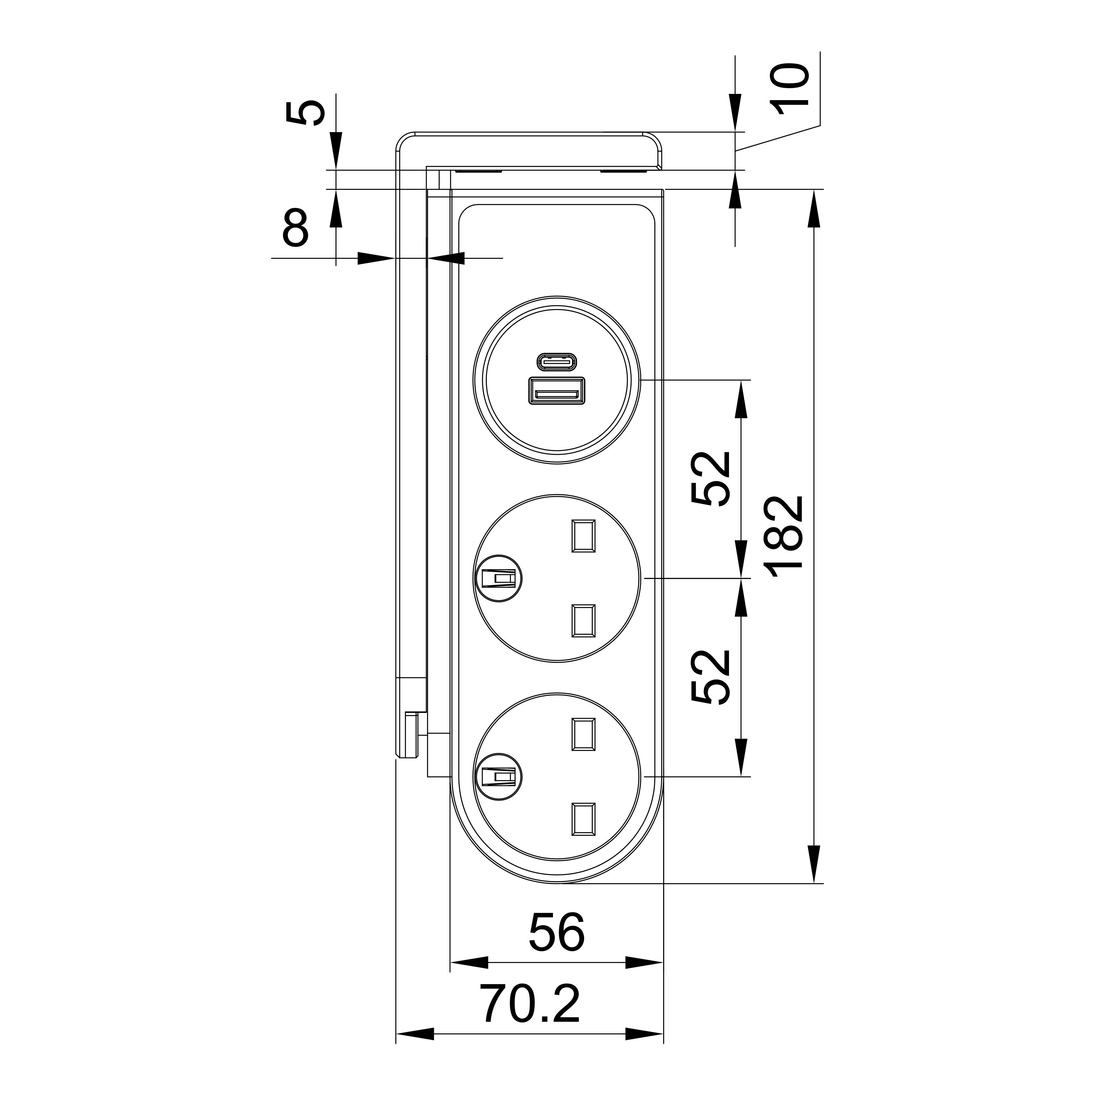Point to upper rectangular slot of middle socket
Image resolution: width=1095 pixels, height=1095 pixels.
(x=583, y=536)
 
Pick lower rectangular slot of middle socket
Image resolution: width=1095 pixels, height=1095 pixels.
(x=583, y=620)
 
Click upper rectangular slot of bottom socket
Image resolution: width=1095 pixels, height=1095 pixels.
(x=583, y=735)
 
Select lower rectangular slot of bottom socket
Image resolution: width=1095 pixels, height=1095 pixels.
(x=583, y=819)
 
